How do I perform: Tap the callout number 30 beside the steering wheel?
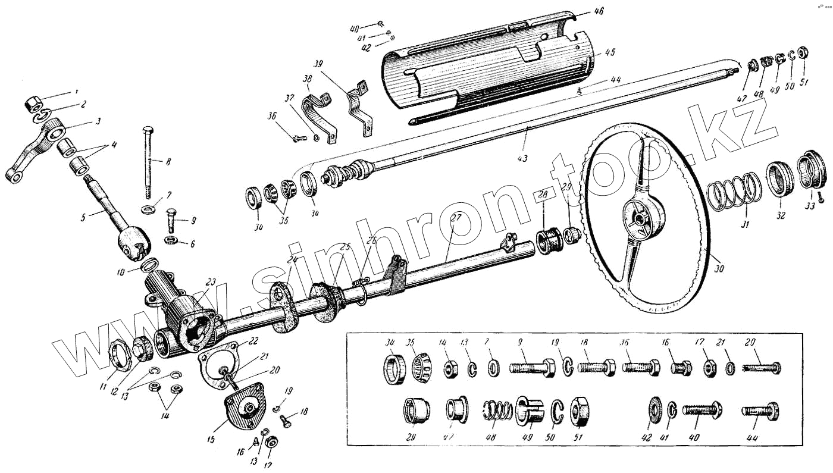(719, 268)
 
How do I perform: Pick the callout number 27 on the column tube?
(456, 218)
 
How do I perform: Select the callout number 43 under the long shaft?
(523, 158)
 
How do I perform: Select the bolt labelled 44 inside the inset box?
(761, 411)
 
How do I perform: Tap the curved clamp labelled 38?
(318, 116)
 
